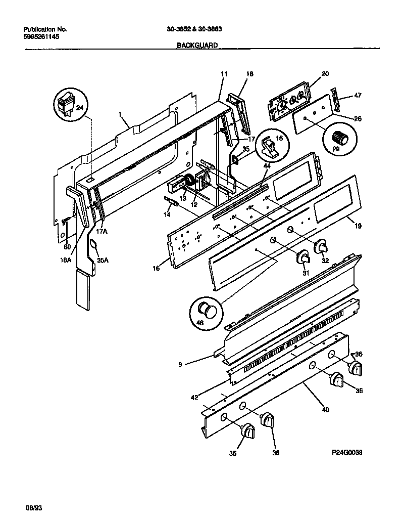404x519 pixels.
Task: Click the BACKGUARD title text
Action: click(x=197, y=45)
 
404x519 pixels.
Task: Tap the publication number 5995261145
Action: click(x=42, y=37)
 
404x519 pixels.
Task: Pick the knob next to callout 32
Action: click(x=321, y=247)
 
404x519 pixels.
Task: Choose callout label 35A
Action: click(x=103, y=260)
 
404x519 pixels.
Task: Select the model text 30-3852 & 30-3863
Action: click(x=194, y=29)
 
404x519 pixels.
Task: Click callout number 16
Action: click(x=156, y=268)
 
